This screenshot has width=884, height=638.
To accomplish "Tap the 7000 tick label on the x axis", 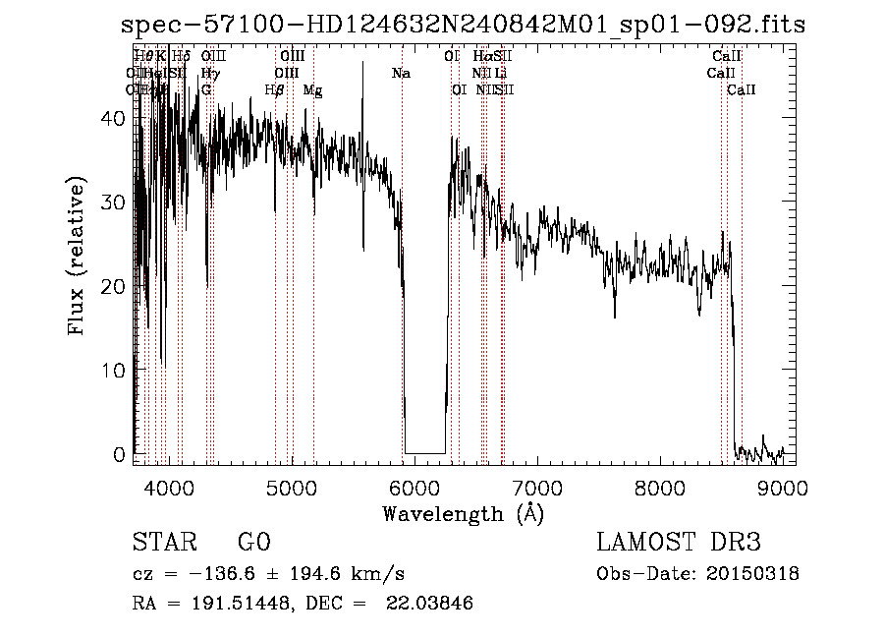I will (x=536, y=488).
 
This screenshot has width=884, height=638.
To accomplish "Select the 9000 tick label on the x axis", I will (x=783, y=488).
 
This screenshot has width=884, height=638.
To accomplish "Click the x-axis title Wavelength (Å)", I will (x=463, y=513).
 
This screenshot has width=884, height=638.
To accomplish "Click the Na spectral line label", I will (x=401, y=74).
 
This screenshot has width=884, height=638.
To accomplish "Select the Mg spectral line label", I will (x=312, y=90).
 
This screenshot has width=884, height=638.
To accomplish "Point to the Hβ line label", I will (x=275, y=90).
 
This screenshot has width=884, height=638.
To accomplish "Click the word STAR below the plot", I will (x=163, y=543).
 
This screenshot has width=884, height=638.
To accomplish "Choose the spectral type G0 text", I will (x=253, y=543).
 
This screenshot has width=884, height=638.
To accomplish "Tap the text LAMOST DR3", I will (x=679, y=543).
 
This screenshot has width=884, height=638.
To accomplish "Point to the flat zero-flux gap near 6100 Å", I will (x=425, y=452).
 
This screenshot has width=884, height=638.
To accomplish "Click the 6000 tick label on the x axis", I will (x=414, y=488).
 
